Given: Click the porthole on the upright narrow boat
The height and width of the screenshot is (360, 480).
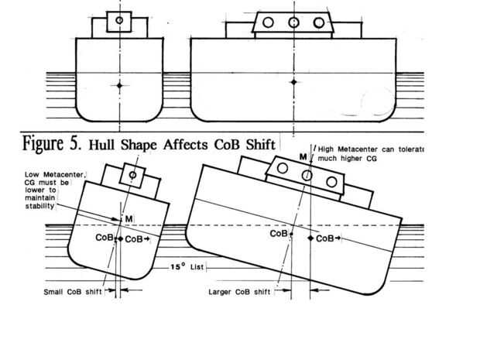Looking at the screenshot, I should (x=118, y=19).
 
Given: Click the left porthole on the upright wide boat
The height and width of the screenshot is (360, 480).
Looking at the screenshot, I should (x=268, y=22).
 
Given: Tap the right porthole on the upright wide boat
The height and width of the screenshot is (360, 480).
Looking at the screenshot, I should (x=319, y=22).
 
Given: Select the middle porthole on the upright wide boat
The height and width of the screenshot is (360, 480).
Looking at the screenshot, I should (x=293, y=22).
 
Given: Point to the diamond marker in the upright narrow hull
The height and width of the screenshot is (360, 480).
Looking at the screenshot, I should (x=118, y=87).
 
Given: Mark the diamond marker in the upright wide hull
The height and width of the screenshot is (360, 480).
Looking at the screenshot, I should (x=293, y=81).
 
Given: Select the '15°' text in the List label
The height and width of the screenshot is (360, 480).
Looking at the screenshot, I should (x=179, y=267).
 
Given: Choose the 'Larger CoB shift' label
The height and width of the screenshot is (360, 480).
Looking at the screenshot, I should (x=239, y=293).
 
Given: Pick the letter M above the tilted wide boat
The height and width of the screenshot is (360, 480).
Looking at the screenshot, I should (x=303, y=157).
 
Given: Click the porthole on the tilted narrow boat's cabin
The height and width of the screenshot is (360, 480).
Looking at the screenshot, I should (x=133, y=176).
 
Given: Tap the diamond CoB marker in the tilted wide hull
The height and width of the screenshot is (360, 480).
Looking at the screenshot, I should (x=310, y=238).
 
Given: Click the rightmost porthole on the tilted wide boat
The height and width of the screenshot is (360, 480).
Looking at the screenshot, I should (x=332, y=182).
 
